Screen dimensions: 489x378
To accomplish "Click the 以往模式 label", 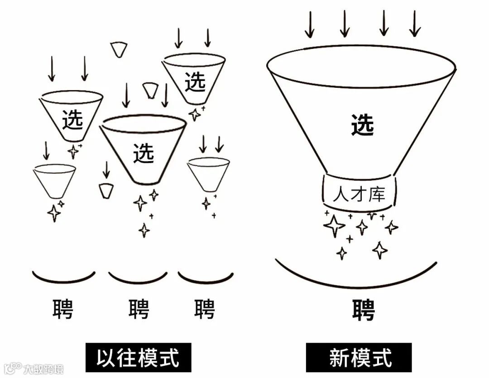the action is coord(138,358).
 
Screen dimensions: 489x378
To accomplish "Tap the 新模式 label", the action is coord(360,358).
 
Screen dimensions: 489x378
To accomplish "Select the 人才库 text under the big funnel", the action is coord(359,194).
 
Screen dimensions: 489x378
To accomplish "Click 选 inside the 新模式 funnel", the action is coord(363,125).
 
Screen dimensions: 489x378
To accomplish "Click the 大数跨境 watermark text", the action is coord(43,368).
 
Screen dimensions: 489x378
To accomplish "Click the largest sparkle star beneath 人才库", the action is coord(335,225).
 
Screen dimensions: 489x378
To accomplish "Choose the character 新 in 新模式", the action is coord(339,358).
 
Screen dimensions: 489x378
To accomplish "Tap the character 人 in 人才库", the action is coord(340,195).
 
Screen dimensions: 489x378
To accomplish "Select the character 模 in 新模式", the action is coord(360,358).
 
